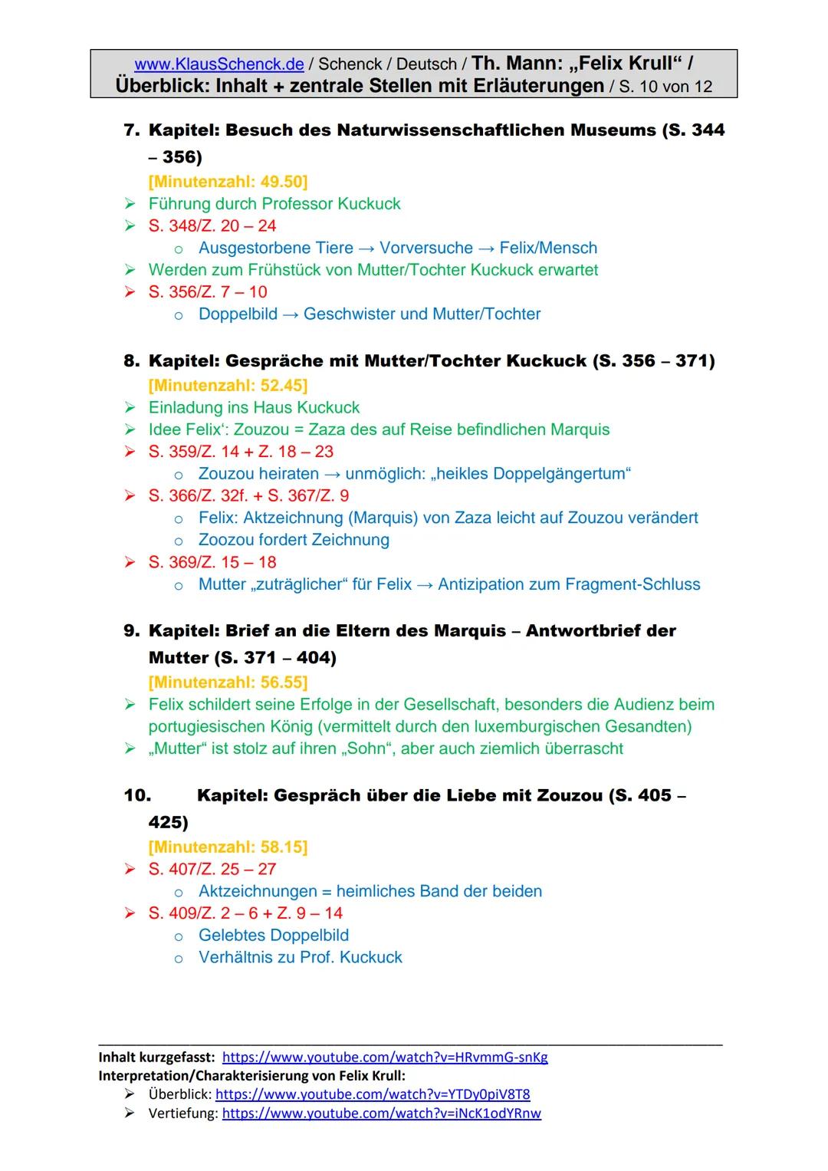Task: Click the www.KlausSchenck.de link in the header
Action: (219, 64)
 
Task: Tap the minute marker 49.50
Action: (228, 182)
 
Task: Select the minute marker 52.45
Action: (228, 385)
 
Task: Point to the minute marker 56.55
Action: (228, 682)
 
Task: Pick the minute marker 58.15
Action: (228, 847)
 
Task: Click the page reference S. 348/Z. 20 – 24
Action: (212, 226)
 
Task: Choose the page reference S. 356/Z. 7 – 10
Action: (208, 292)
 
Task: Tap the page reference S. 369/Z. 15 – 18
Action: (212, 562)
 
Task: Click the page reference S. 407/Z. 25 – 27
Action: (212, 870)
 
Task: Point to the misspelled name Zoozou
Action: (227, 540)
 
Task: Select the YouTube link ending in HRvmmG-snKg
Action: (385, 1058)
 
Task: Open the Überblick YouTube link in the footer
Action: (373, 1094)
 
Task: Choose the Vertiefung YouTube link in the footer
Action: (381, 1113)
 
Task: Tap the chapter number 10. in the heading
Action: (137, 796)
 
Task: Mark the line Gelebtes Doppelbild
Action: (274, 936)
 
